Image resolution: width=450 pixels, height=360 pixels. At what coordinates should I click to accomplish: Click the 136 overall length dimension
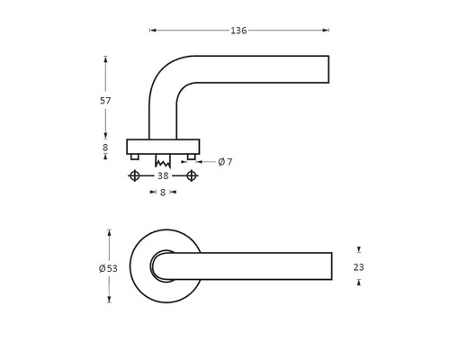tap(238, 31)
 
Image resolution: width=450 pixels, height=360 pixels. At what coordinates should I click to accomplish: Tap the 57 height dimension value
tap(105, 101)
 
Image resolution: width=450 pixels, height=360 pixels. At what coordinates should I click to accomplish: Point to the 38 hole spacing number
tap(163, 175)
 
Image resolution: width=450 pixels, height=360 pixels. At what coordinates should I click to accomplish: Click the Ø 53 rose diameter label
tap(108, 268)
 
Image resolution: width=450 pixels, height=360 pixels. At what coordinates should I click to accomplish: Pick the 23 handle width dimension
tap(358, 266)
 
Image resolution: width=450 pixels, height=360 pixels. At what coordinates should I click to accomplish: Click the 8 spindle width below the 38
tap(163, 192)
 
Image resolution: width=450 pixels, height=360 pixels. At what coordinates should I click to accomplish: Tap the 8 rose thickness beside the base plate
tap(105, 147)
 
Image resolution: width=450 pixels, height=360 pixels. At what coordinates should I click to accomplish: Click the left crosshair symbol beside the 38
tap(135, 175)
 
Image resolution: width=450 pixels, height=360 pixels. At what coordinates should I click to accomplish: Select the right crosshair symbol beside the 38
tap(191, 175)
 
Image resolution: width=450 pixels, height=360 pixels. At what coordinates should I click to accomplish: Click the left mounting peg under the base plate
tap(135, 157)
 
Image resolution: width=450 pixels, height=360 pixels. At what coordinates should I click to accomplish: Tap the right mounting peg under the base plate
tap(191, 157)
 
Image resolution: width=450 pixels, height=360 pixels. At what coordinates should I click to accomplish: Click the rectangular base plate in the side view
tap(163, 146)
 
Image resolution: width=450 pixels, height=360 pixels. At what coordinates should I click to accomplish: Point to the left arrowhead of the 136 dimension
tap(152, 31)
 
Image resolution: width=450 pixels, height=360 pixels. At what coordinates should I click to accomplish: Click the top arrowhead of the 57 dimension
tap(105, 59)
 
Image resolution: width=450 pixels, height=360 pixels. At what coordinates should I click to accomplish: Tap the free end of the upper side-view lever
tap(327, 70)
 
